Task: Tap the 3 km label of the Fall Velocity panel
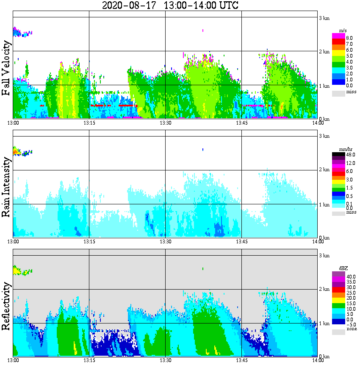point(324,18)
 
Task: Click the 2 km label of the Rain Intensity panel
point(324,170)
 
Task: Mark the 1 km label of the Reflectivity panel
point(324,323)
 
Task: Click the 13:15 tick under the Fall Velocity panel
point(89,123)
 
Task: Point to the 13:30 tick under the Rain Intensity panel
point(165,242)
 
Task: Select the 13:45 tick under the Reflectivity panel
point(241,360)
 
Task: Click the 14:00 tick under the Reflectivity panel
point(318,360)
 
